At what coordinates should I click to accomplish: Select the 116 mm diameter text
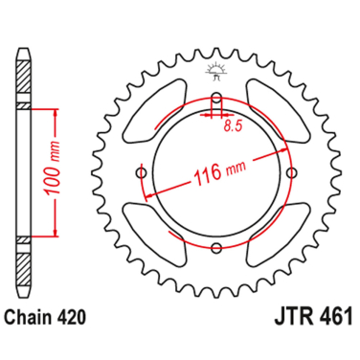[206, 174]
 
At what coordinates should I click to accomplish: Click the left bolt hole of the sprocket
[143, 172]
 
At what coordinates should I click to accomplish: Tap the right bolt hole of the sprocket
[290, 172]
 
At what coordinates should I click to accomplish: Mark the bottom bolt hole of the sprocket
[216, 248]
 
